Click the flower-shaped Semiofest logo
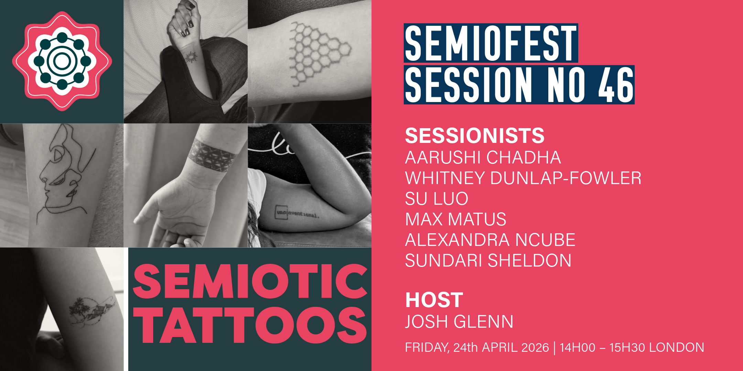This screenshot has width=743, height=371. tap(62, 61)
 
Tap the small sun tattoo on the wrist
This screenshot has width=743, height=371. tap(190, 57)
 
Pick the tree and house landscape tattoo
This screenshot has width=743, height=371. tap(91, 311)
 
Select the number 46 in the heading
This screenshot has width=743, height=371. tap(616, 85)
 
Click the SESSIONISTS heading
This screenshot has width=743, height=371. tap(475, 136)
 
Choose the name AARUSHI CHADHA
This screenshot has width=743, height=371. tap(483, 157)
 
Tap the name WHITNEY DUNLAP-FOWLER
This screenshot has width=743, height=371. tap(523, 178)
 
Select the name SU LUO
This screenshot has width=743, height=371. tap(436, 199)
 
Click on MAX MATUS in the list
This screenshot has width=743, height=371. tap(455, 219)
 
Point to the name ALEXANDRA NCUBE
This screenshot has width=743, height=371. tap(490, 240)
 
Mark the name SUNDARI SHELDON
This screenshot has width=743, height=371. tap(488, 260)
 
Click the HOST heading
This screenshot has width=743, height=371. tap(434, 300)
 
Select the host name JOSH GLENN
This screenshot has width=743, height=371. tap(459, 322)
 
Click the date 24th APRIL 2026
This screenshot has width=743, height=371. tap(501, 348)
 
